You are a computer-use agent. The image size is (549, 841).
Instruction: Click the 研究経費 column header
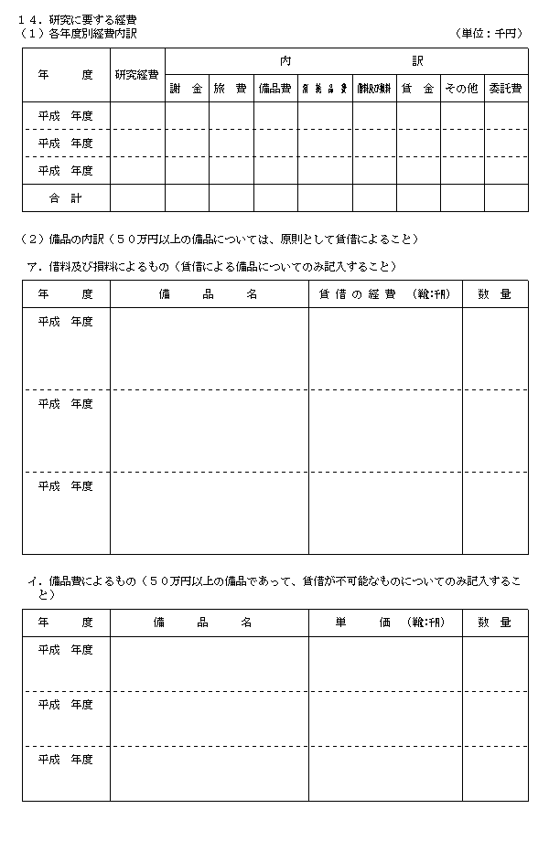(137, 75)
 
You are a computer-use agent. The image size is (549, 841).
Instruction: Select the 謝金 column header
(187, 89)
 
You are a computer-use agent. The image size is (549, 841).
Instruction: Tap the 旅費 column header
(231, 89)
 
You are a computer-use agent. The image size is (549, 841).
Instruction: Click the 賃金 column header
(417, 89)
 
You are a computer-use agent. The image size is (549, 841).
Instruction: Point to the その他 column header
(461, 89)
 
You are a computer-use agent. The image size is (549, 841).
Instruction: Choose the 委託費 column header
(505, 89)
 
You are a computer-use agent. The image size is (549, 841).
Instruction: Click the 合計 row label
(66, 197)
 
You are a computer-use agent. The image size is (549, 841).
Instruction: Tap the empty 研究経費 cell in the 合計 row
(137, 197)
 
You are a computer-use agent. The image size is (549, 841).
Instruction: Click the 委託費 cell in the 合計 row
(505, 197)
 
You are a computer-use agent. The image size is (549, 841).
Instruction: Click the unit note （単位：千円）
(490, 33)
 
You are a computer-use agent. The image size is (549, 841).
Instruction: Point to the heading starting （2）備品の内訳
(220, 240)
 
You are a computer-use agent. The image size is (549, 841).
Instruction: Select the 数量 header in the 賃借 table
(495, 294)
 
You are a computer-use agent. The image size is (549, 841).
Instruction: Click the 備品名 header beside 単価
(209, 623)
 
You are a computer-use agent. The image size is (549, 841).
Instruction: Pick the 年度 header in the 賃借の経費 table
(66, 294)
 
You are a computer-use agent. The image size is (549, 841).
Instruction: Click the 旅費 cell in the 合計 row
(231, 197)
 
